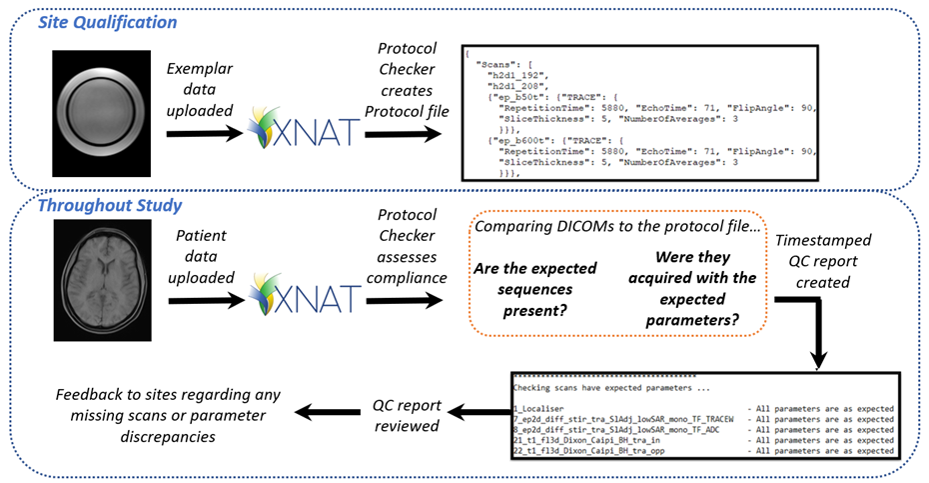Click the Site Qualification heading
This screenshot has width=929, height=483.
click(107, 23)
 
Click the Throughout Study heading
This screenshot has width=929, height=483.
click(110, 205)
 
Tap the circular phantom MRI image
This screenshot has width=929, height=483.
click(101, 113)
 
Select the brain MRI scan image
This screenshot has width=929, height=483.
click(103, 280)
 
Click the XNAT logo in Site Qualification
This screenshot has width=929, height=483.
click(304, 128)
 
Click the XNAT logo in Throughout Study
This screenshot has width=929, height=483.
click(305, 294)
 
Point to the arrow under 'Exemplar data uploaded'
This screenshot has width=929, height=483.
click(205, 134)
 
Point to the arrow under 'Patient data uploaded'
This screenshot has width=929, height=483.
click(206, 301)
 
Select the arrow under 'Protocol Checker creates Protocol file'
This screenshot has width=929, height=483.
click(403, 134)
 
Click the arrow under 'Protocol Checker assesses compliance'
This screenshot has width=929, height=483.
click(405, 301)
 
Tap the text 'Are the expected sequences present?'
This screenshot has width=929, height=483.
click(535, 290)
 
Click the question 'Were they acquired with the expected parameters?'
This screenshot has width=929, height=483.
click(692, 289)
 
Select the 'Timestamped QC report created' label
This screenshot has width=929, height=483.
click(823, 261)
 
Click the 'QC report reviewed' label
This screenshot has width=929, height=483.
click(407, 415)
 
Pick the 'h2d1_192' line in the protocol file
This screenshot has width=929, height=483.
click(518, 75)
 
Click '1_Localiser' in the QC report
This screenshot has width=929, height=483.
click(538, 409)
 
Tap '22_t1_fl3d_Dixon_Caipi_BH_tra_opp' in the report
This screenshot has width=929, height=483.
click(589, 451)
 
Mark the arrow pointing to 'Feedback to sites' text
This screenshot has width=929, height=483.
click(329, 412)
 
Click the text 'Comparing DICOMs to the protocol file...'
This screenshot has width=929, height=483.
click(616, 226)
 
